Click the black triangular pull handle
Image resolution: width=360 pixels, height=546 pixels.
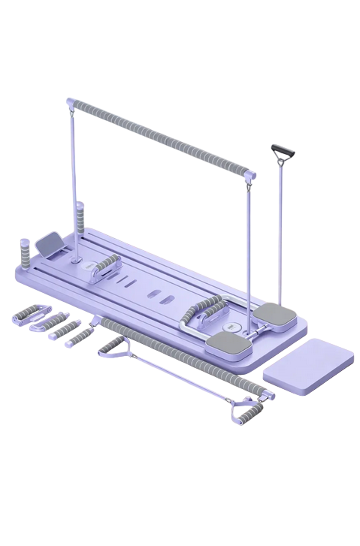tap(283, 152)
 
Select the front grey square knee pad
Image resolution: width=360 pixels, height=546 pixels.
tap(228, 343)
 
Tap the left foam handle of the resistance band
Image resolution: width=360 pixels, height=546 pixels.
tap(113, 345)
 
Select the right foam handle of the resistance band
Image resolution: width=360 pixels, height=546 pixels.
tap(248, 410)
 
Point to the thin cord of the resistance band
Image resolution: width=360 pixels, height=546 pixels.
tap(180, 377)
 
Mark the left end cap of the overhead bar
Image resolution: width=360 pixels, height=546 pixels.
tap(70, 101)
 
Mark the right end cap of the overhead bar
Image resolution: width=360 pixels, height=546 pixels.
tap(251, 176)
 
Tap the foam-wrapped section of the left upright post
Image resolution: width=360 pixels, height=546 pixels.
tap(80, 219)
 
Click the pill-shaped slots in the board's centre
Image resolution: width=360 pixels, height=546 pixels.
tap(156, 294)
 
